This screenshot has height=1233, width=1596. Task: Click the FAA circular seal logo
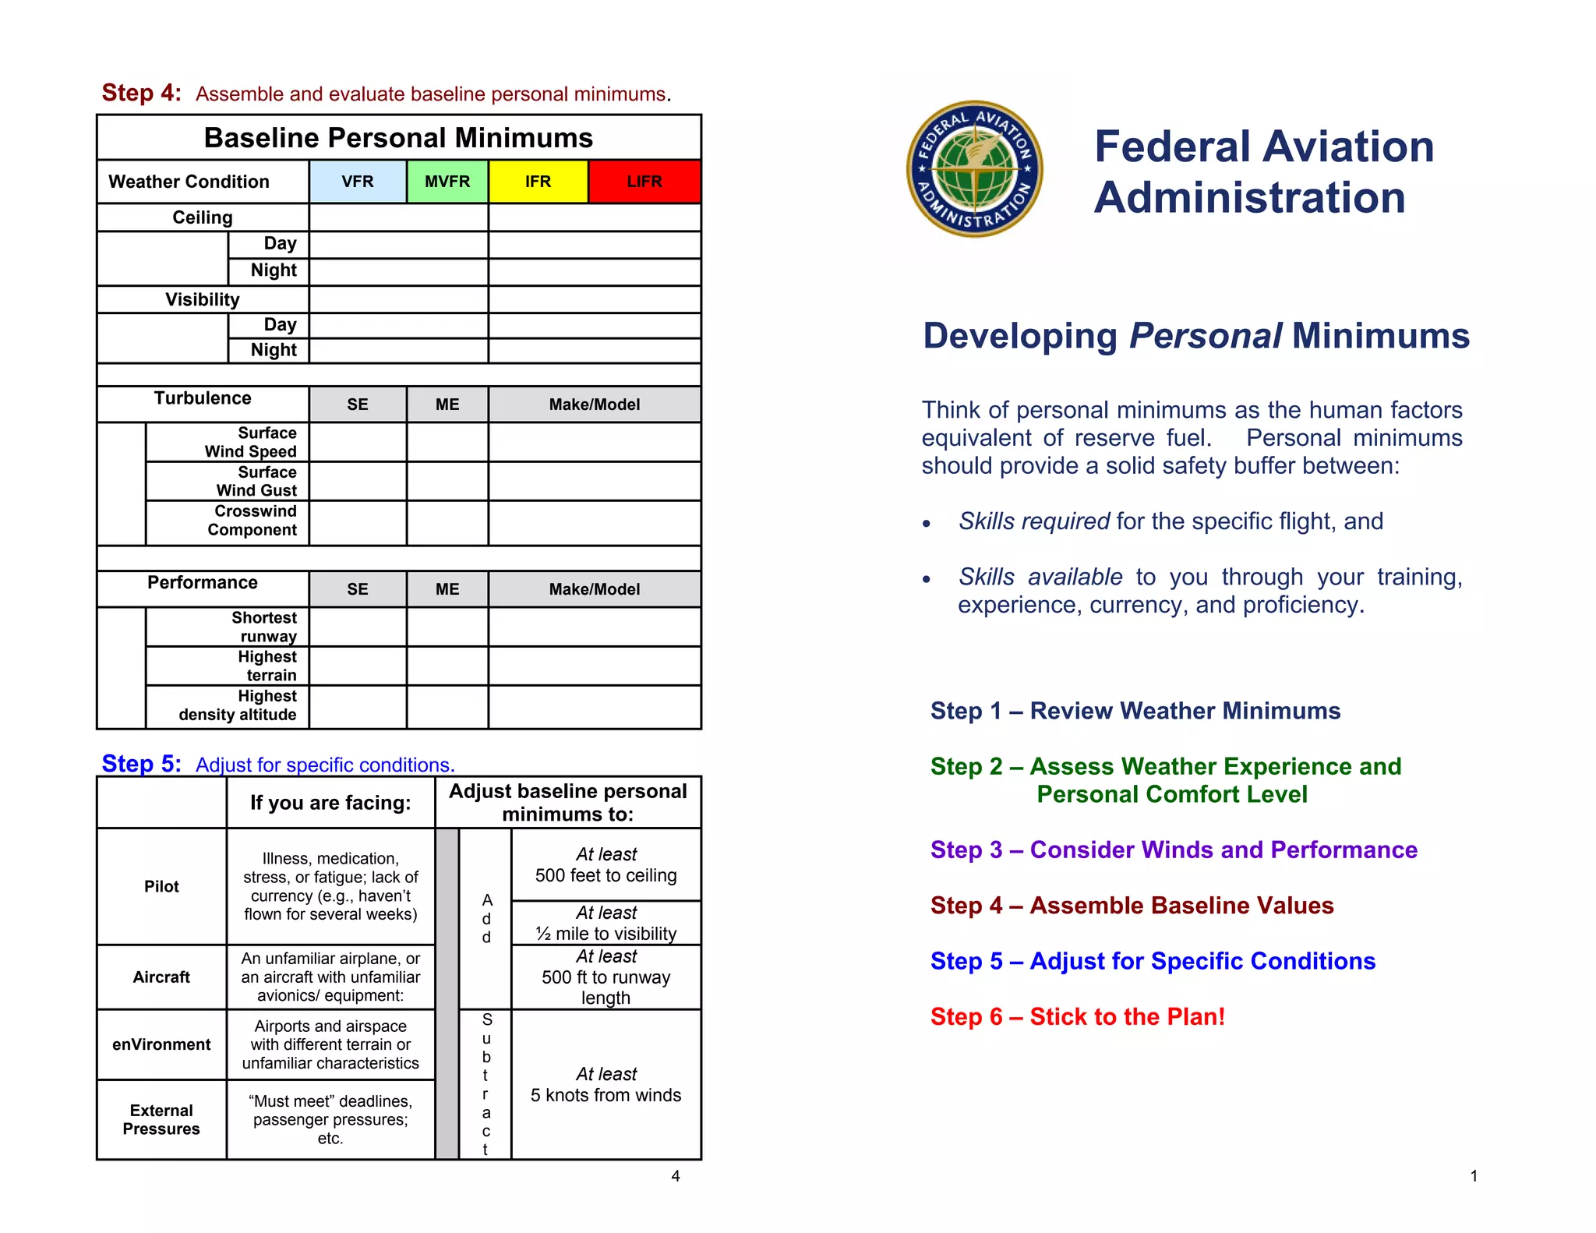(x=974, y=169)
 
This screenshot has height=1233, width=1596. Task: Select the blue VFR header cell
(x=358, y=182)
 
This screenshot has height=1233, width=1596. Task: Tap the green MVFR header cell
(x=447, y=182)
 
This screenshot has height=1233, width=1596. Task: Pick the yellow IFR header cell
(x=538, y=182)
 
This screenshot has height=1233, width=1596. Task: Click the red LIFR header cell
(x=644, y=182)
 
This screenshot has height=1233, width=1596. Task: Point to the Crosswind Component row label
(x=251, y=521)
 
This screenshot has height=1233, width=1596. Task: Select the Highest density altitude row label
(x=238, y=705)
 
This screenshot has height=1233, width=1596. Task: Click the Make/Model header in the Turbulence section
(x=594, y=405)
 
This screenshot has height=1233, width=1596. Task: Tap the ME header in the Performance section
(x=447, y=589)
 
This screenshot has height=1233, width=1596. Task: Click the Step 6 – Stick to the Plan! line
(x=1077, y=1016)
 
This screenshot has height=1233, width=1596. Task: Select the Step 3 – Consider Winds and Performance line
(x=1173, y=850)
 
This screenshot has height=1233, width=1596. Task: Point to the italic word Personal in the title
(x=1205, y=336)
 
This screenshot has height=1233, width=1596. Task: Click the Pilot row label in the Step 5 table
(x=161, y=886)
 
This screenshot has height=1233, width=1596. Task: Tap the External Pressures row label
(x=161, y=1119)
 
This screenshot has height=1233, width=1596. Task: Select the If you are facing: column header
(x=330, y=803)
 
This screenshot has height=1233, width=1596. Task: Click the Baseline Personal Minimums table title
(x=398, y=138)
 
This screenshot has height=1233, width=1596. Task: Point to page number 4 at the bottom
(x=676, y=1176)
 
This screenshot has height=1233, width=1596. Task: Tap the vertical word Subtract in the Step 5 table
(x=486, y=1083)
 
